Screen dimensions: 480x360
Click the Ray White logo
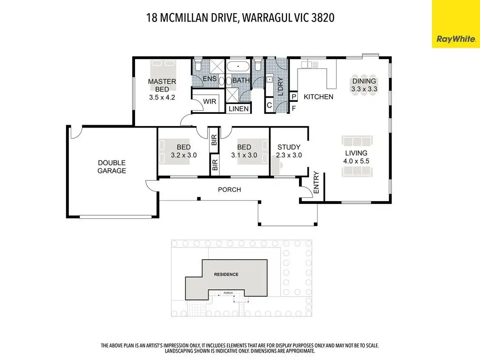456,39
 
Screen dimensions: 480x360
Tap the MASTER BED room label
162,85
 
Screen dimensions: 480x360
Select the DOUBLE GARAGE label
112,167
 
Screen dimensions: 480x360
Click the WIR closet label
210,101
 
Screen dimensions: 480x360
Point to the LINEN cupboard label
239,109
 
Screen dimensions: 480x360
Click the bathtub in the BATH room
238,67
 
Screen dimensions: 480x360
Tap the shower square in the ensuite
217,67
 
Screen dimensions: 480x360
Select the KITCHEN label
318,97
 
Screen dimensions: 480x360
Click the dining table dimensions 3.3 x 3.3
364,89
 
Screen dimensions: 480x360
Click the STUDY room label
289,147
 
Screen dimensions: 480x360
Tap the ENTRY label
316,182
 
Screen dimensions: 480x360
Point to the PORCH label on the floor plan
229,189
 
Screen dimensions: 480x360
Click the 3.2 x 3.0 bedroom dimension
184,155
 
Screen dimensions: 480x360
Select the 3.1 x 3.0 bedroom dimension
244,155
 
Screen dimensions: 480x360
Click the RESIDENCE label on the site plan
226,274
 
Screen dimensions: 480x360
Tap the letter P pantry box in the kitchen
294,97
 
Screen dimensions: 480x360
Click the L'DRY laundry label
280,86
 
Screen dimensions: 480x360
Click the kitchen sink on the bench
306,65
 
